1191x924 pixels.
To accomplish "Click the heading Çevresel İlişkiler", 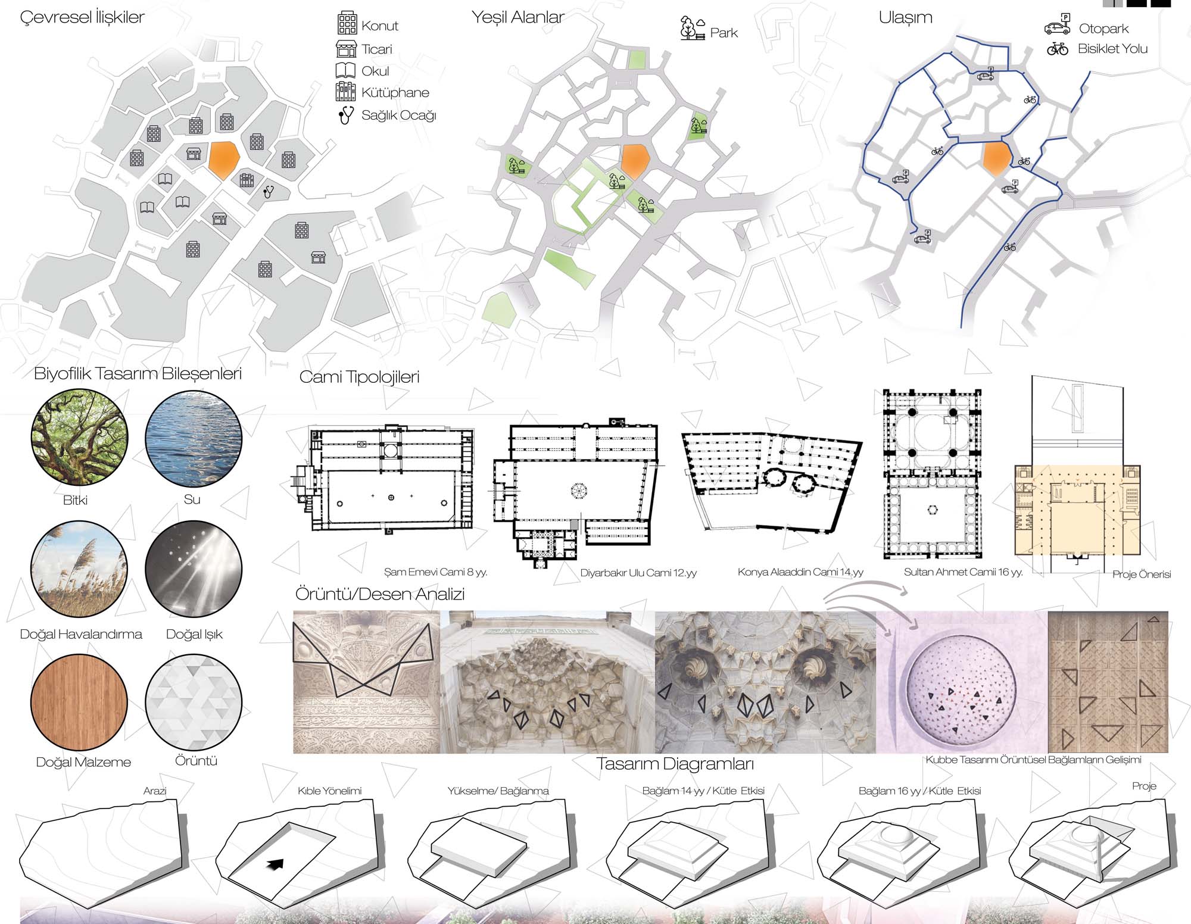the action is [x=82, y=17].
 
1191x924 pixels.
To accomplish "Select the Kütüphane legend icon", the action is [x=346, y=92].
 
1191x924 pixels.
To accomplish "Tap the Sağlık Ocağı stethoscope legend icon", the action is [x=345, y=114].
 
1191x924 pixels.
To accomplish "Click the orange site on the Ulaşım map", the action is [x=997, y=158].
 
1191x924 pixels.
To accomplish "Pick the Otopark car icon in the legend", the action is [x=1057, y=27].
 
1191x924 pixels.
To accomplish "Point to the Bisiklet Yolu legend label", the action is [x=1112, y=49].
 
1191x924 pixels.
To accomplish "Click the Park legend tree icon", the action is [x=693, y=29].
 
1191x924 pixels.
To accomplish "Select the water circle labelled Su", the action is [x=194, y=439].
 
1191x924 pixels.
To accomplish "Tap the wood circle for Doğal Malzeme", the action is [x=79, y=703].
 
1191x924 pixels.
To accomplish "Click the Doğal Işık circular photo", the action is [x=194, y=568].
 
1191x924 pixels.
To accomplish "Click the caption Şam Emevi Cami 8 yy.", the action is [x=435, y=572].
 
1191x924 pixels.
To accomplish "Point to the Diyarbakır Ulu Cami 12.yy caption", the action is [x=638, y=573].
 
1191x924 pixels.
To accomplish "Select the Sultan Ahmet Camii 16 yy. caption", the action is [x=963, y=572].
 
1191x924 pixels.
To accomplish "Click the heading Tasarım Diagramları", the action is [x=675, y=764].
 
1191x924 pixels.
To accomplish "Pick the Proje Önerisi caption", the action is [x=1142, y=575].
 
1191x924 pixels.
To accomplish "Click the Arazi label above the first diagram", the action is [x=155, y=791].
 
